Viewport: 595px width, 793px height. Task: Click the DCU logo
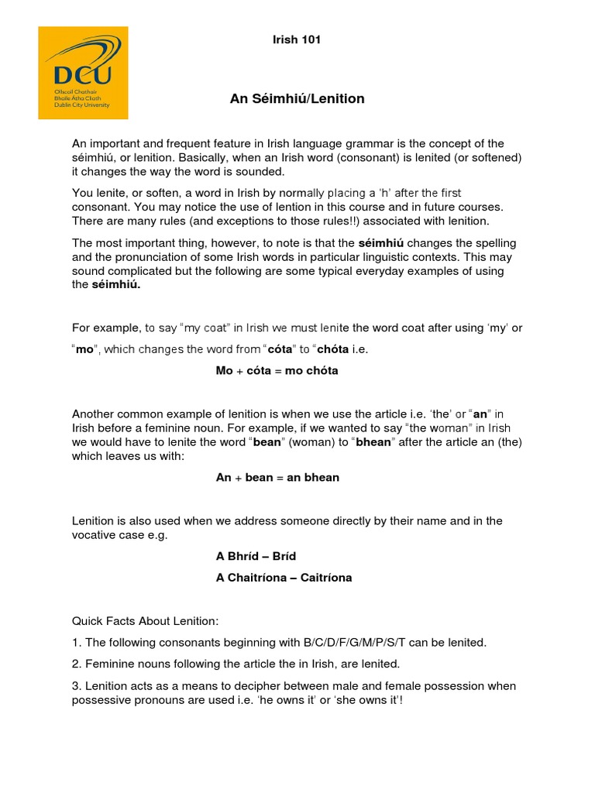(83, 73)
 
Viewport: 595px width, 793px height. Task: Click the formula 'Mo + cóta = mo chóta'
(277, 370)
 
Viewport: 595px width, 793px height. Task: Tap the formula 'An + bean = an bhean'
(277, 477)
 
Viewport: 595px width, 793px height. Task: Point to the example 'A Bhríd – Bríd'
(256, 556)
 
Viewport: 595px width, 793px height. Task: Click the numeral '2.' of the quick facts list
(77, 664)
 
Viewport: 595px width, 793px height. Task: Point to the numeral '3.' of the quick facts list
(77, 685)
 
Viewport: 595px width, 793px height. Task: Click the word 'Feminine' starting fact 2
(111, 664)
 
